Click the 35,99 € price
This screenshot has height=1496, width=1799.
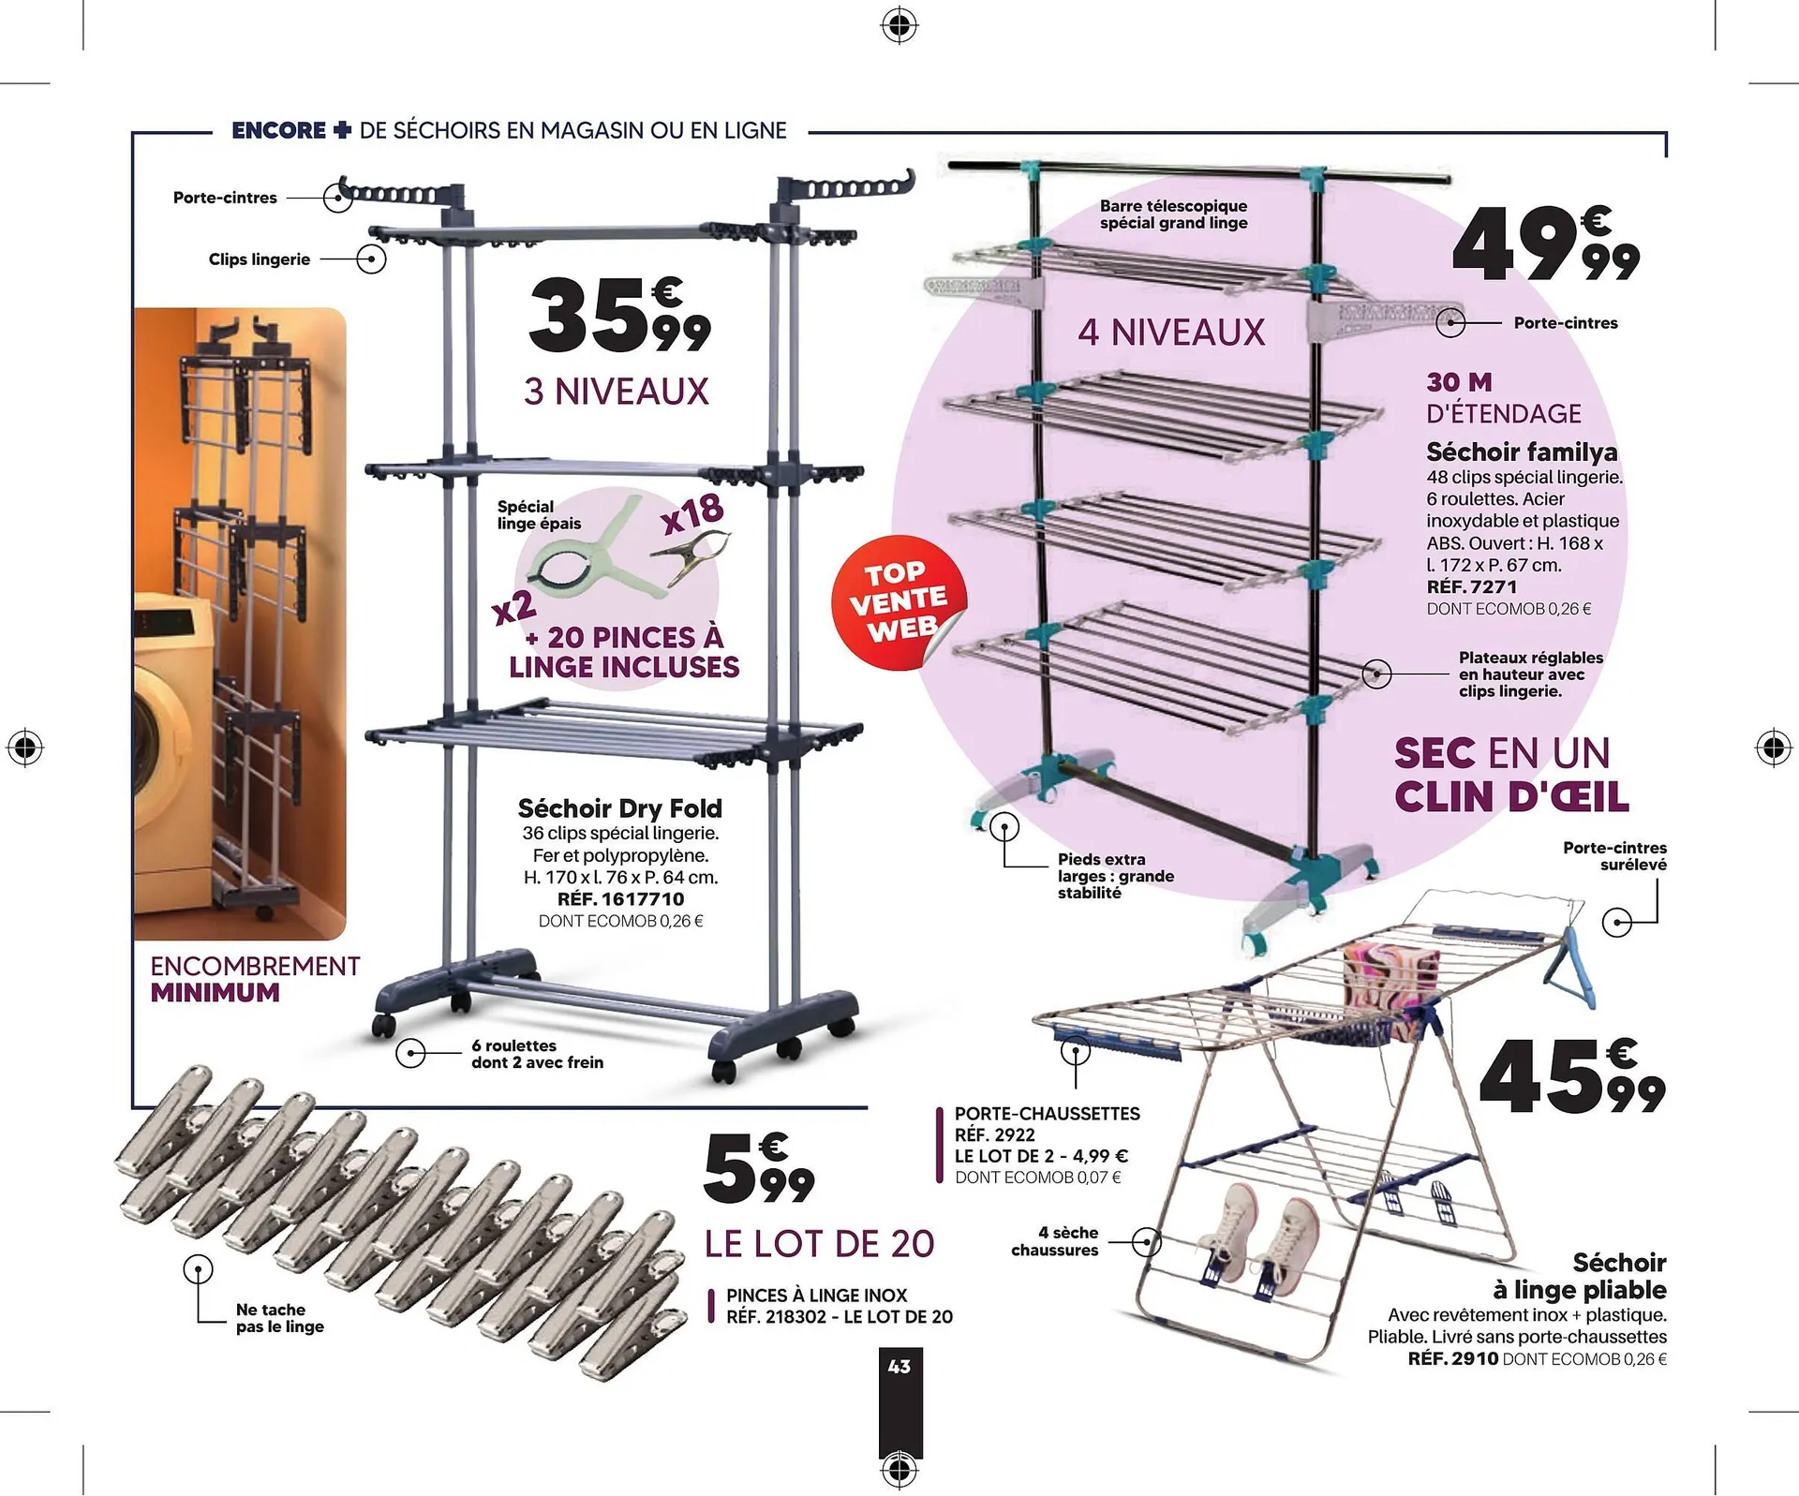coord(618,317)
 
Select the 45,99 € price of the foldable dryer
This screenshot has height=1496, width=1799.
coord(1571,1079)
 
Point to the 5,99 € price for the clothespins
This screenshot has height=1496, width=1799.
coord(757,1169)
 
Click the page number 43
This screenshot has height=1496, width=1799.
coord(899,1367)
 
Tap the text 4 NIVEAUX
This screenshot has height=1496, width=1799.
coord(1171,333)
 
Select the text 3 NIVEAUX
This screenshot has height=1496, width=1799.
coord(617,392)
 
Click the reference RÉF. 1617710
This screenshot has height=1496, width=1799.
coord(620,899)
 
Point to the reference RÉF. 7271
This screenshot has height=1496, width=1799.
coord(1471,587)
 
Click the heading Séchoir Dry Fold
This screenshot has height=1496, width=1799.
coord(620,808)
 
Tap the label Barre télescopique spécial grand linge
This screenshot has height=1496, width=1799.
coord(1173,215)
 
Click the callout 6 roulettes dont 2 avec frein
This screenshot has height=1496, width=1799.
coord(537,1054)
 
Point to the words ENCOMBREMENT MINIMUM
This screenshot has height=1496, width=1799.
coord(254,979)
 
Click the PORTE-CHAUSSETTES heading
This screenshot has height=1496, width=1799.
coord(1047,1114)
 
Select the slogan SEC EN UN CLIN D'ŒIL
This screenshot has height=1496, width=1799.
coord(1510,775)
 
